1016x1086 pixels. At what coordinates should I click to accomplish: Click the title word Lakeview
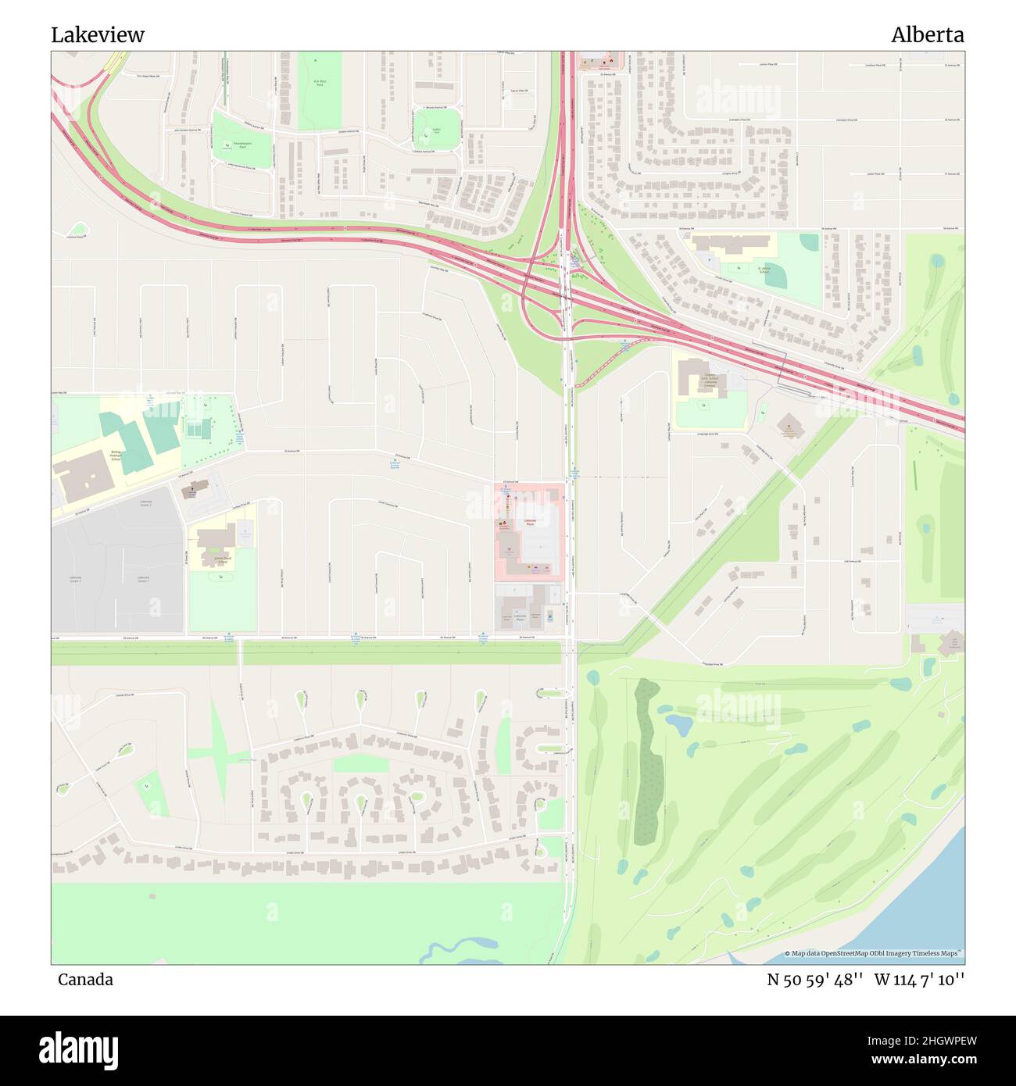pos(98,35)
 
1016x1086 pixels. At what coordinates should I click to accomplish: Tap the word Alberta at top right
pos(927,35)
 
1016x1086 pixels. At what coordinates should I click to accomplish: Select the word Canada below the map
pos(85,980)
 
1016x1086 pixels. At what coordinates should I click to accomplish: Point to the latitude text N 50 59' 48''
pos(814,980)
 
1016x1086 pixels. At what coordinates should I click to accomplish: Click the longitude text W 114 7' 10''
pos(919,980)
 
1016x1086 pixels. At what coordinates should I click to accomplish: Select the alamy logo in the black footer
pos(79,1049)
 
